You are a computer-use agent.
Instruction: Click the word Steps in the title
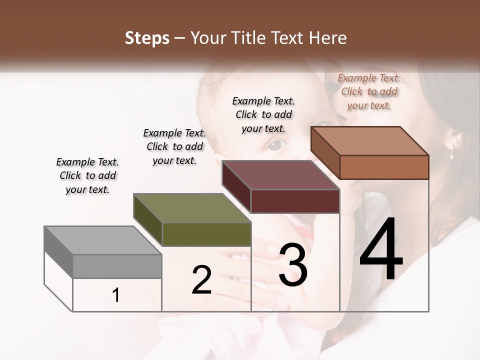[147, 38]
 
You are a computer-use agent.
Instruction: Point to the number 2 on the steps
[201, 279]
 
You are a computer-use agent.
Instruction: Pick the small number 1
[116, 295]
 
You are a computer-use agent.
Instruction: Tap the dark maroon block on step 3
[295, 201]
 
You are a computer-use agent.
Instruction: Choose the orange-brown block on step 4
[384, 167]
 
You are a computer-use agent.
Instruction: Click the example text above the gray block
[87, 175]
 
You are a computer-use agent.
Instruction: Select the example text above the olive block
[174, 146]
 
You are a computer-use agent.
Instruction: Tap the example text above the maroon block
[263, 114]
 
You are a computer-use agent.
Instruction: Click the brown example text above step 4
[369, 91]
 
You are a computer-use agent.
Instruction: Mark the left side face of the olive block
[148, 219]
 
